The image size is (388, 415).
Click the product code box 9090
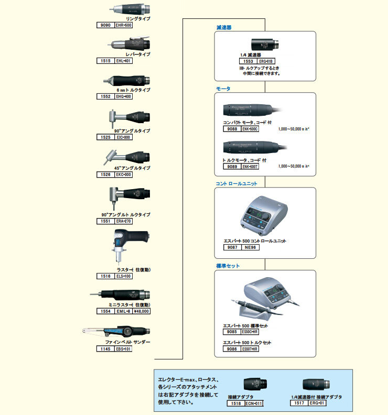click(104, 25)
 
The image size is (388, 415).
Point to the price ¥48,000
click(141, 311)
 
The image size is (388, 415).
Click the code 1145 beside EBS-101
click(104, 348)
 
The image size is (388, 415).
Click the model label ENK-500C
click(251, 128)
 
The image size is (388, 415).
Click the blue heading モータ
click(223, 89)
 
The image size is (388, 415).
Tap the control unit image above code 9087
click(266, 215)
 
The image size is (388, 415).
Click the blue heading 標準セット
click(228, 266)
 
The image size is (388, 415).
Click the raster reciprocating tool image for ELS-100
click(128, 247)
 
